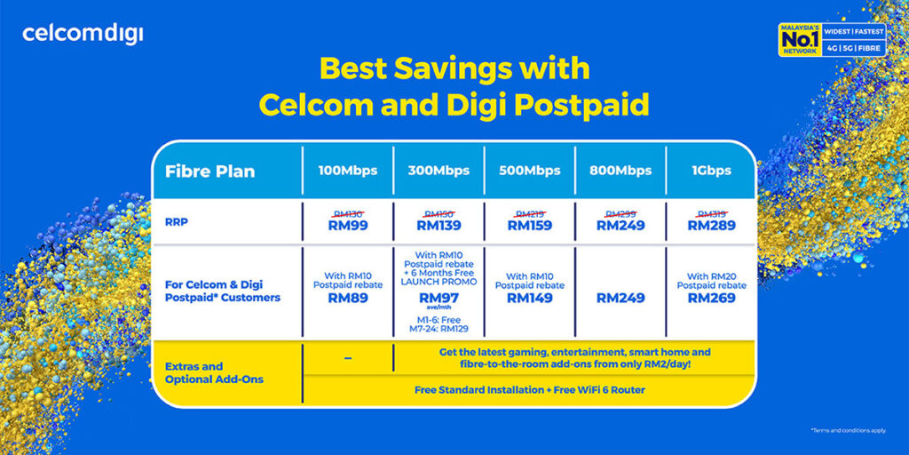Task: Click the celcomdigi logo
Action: click(83, 35)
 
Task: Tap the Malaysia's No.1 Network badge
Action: click(831, 42)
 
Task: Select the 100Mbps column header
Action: click(347, 171)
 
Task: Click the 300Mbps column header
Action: click(439, 171)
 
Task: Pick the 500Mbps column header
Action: click(530, 171)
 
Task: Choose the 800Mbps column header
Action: click(620, 171)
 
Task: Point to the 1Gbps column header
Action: click(711, 171)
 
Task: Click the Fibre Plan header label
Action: click(210, 172)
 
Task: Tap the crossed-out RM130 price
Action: click(347, 213)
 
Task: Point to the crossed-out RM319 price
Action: click(711, 213)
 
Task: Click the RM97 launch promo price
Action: click(439, 298)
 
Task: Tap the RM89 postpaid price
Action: click(347, 299)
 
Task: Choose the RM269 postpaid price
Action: click(711, 299)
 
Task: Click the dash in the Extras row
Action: click(347, 357)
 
